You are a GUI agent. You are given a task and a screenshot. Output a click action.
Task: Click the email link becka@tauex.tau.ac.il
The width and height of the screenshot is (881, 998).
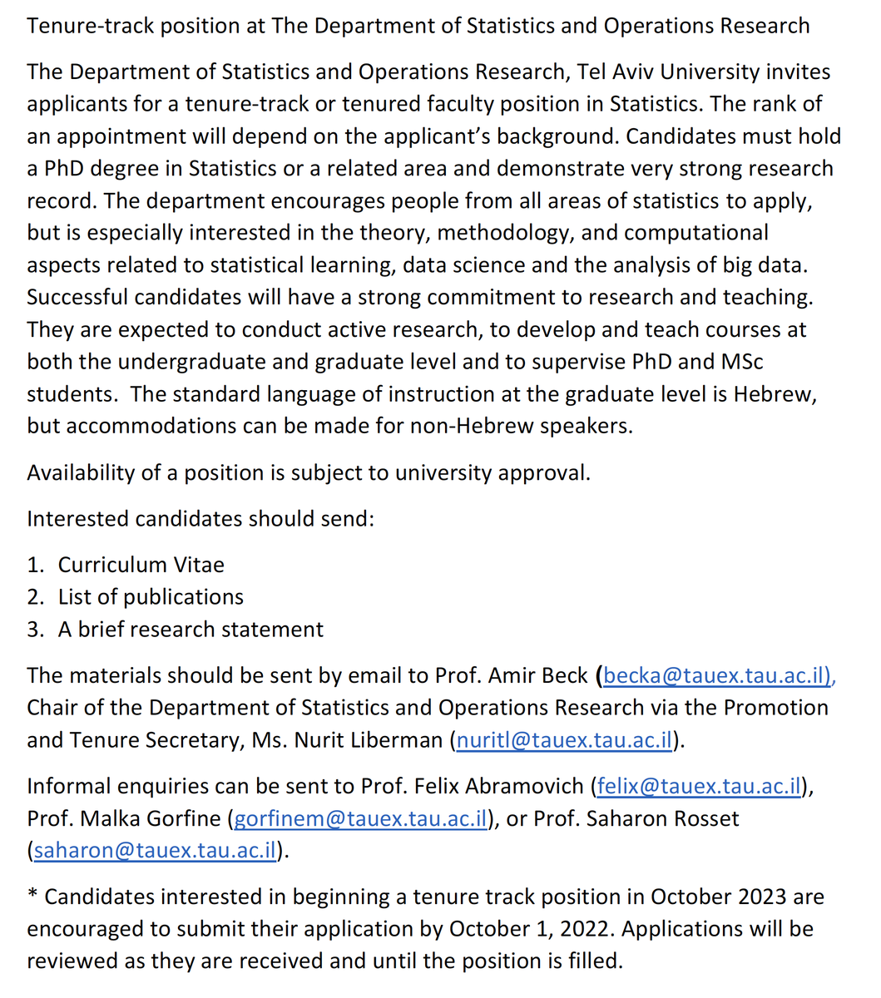(x=716, y=675)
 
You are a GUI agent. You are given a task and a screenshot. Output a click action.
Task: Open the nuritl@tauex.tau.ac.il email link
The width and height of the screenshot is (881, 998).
(x=564, y=739)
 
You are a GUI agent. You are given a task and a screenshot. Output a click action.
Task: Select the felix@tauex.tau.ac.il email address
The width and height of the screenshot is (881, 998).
(x=699, y=786)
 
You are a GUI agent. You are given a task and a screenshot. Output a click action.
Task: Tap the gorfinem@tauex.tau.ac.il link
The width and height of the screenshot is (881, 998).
(x=360, y=818)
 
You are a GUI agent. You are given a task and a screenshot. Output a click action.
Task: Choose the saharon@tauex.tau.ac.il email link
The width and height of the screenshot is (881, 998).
(x=155, y=851)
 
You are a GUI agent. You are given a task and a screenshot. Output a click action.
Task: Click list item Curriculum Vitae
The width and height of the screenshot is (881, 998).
(x=141, y=565)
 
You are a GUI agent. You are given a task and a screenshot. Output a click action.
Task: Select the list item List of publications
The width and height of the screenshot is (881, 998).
(x=151, y=597)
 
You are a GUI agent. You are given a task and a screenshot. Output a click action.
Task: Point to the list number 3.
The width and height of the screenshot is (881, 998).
(x=34, y=630)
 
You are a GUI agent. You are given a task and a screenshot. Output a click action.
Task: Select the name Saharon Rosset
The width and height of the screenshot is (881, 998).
(x=662, y=818)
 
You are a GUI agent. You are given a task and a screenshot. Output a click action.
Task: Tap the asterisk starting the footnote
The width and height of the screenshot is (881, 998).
(x=32, y=896)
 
